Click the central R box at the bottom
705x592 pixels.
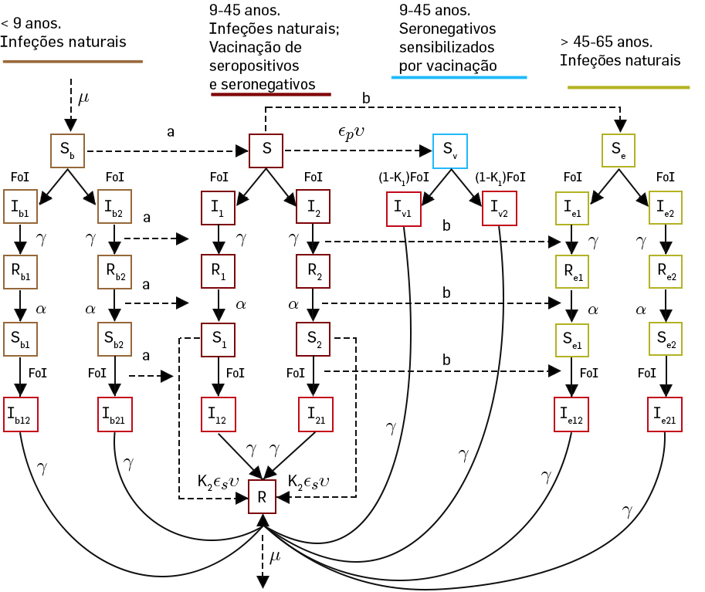263,498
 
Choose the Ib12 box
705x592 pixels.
20,414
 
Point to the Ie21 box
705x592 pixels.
664,414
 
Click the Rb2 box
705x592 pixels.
114,271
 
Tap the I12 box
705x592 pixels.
218,414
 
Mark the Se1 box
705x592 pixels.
572,337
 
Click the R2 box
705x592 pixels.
313,271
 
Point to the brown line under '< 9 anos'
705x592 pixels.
73,61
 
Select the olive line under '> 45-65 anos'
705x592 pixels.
629,87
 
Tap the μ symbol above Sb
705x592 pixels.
84,99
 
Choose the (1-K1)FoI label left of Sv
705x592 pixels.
404,178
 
